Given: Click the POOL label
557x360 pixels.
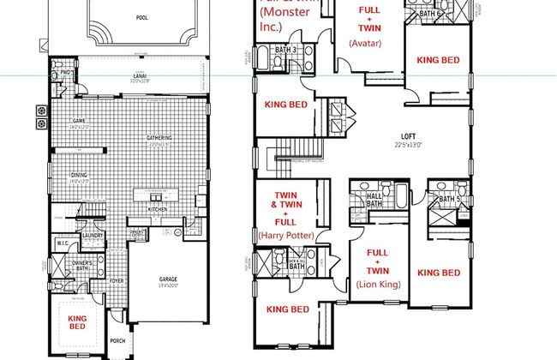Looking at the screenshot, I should tap(141, 16).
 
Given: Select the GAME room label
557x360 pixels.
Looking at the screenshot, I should tap(79, 121).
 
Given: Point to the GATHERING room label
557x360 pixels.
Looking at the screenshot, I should tap(159, 138).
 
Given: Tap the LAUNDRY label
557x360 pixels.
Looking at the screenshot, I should tap(93, 235).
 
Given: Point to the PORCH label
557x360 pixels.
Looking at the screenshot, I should tap(117, 339).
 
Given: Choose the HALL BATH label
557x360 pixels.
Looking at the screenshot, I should tap(374, 200).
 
